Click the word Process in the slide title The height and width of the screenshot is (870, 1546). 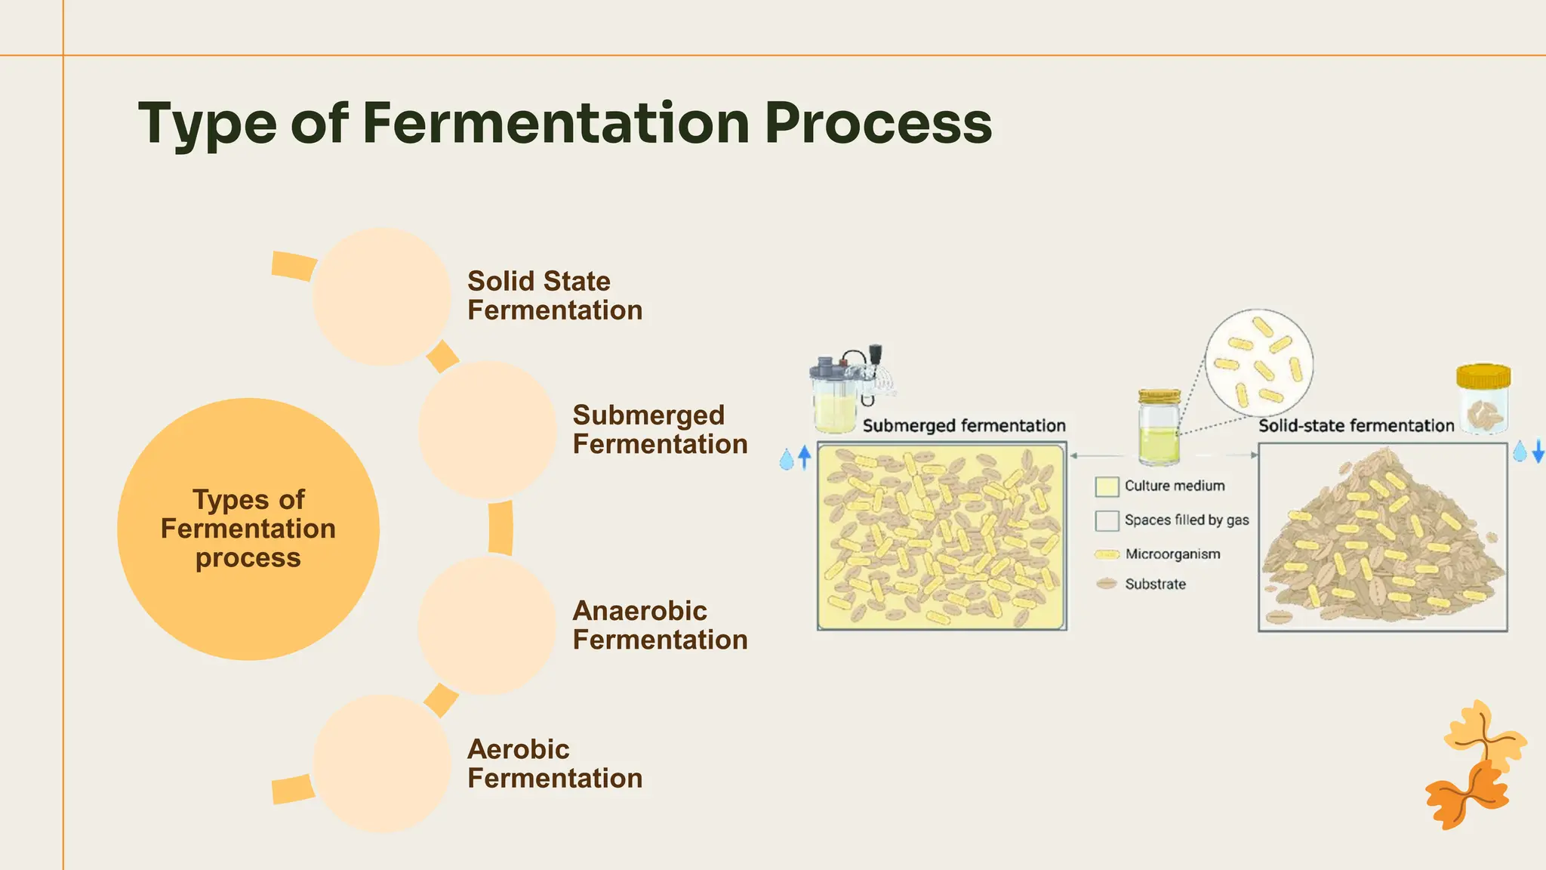(878, 123)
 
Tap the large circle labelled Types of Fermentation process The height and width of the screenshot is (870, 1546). (248, 529)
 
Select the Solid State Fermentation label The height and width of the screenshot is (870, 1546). (554, 296)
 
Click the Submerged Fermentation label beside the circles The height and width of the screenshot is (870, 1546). (660, 430)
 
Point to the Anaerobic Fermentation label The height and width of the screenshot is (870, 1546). (660, 625)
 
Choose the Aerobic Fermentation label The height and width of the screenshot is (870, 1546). (554, 764)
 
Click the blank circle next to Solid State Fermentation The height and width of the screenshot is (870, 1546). (382, 297)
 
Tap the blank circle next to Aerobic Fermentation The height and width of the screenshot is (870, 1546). (382, 764)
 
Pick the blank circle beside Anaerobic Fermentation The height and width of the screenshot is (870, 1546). (487, 625)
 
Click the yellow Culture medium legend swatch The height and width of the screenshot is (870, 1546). (1107, 487)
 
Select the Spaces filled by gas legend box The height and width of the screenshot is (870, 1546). (1107, 521)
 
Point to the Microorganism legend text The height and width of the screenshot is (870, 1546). (1172, 554)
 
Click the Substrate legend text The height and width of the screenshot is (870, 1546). (1155, 585)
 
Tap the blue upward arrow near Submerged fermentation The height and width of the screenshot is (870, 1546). (804, 457)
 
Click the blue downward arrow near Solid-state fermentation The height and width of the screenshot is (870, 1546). (1538, 452)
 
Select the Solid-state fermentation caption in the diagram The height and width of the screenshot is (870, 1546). (1356, 426)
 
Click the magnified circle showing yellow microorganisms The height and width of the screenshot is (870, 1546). (1258, 363)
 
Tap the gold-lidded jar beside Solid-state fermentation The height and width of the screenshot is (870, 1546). (1483, 399)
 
